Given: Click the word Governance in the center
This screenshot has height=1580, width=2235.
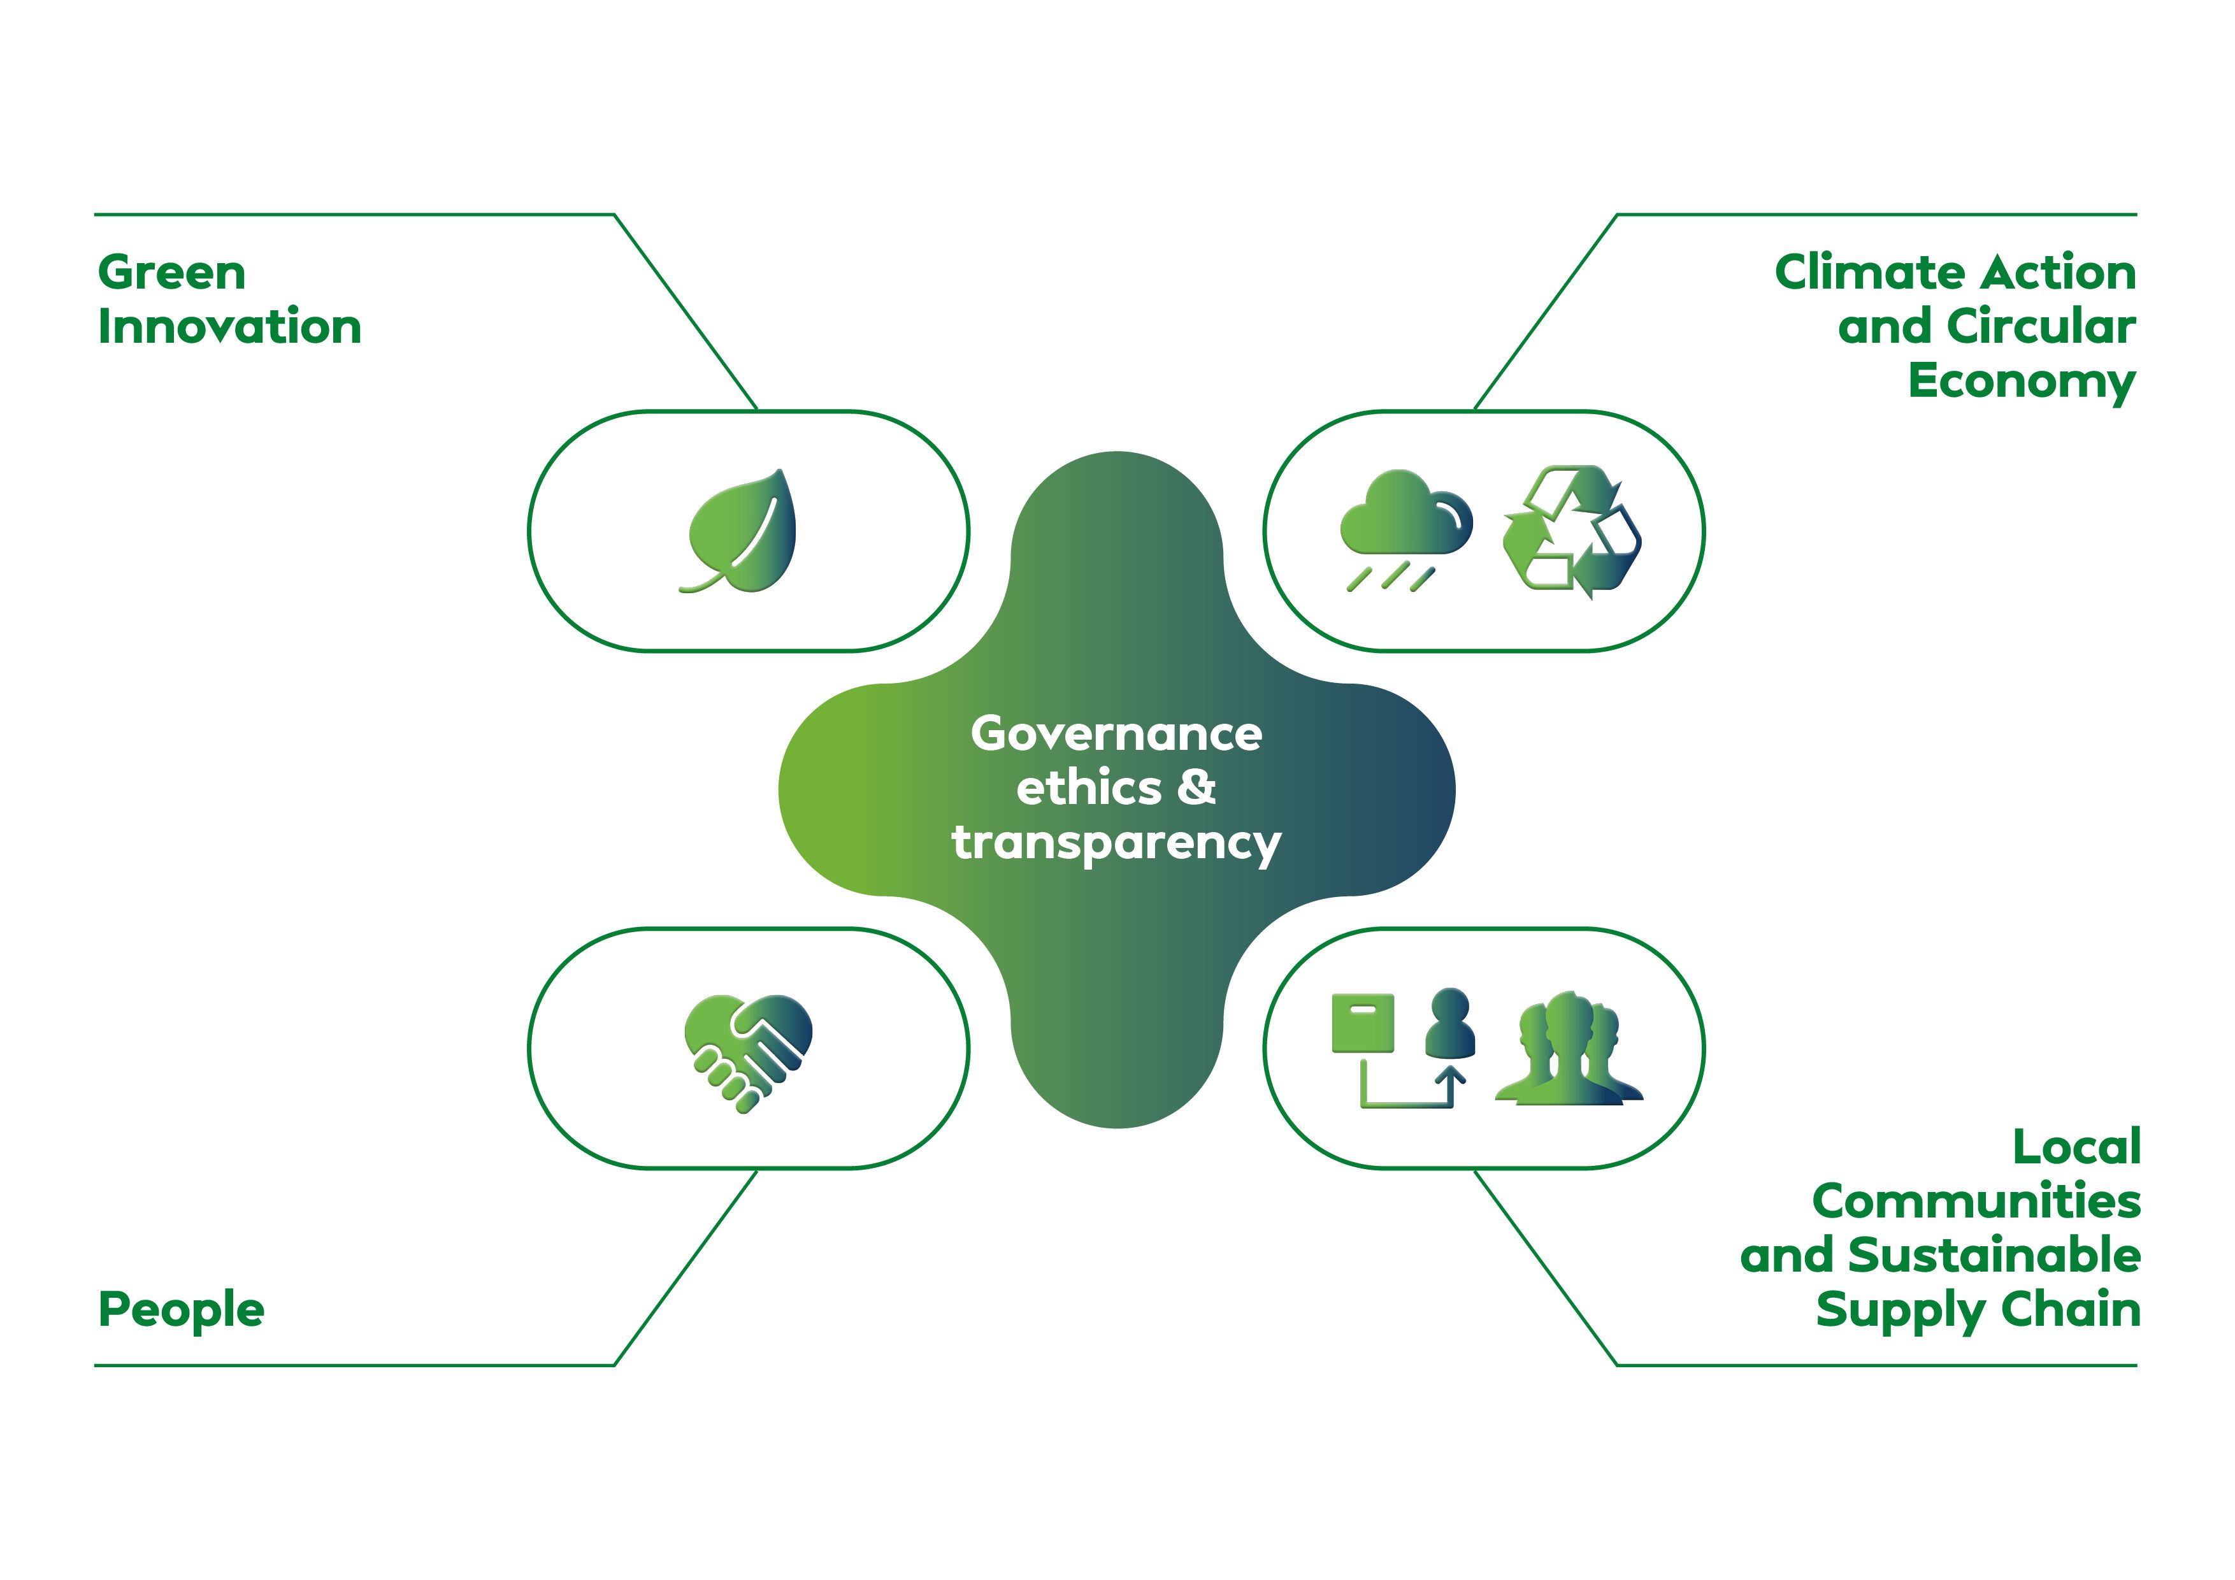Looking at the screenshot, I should [1116, 734].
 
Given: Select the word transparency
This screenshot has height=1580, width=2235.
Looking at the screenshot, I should [1116, 843].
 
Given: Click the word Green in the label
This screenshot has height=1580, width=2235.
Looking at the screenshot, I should [171, 273].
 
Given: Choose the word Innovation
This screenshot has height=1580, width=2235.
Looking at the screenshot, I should [230, 327].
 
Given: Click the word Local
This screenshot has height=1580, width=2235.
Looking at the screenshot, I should [2076, 1147].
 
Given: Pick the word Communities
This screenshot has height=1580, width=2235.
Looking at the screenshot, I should [1976, 1202].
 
